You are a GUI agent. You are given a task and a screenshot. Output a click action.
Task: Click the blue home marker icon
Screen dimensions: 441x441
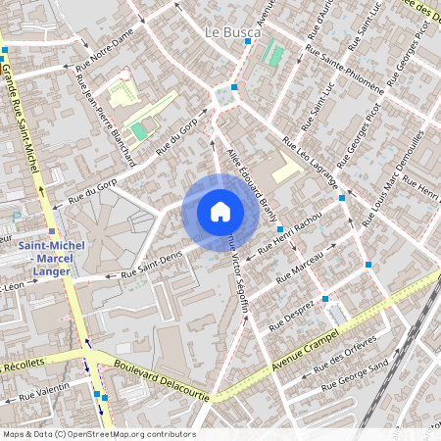point(220,212)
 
